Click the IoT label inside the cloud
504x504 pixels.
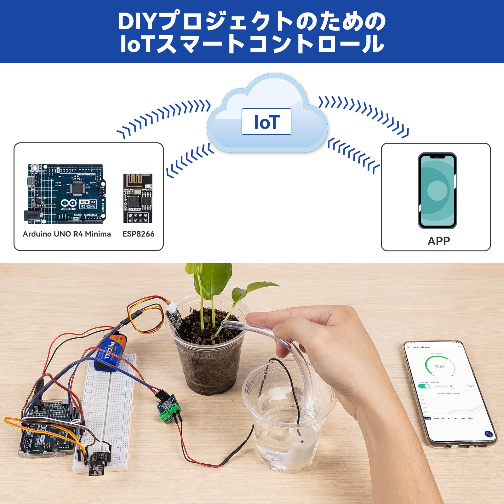click(266, 122)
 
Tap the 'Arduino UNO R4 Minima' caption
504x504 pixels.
click(67, 234)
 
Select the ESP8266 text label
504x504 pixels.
click(138, 234)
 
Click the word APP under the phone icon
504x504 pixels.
click(438, 241)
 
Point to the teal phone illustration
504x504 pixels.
click(437, 191)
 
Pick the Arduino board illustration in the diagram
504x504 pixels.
click(66, 194)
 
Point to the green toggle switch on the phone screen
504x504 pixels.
click(424, 386)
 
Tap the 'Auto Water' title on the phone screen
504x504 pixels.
click(422, 347)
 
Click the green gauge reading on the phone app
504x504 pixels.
click(440, 366)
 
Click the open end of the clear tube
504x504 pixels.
click(224, 324)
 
